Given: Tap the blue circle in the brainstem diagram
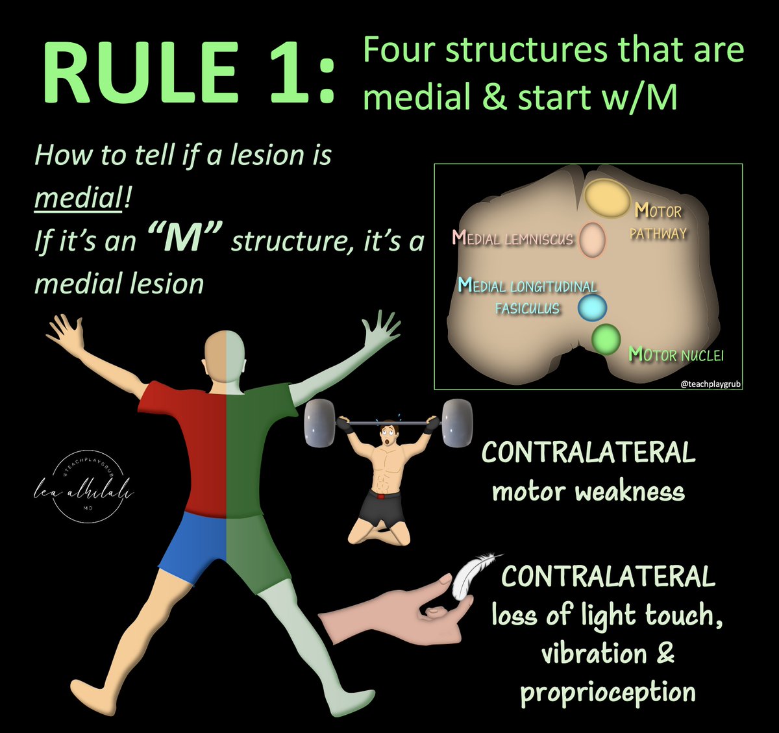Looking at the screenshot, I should click(x=591, y=308).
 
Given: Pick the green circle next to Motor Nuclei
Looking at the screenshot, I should click(x=606, y=339).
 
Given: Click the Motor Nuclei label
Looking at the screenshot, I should click(x=676, y=354).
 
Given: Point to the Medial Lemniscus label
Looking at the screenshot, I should click(x=513, y=238).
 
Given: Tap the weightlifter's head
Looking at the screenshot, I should click(x=388, y=430).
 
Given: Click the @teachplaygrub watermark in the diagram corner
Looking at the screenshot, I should click(x=710, y=384).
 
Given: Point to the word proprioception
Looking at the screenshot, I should click(x=608, y=691).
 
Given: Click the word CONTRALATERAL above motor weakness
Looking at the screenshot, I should click(x=588, y=453).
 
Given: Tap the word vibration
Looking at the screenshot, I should click(x=594, y=653).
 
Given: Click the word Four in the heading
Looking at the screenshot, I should click(x=397, y=51).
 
